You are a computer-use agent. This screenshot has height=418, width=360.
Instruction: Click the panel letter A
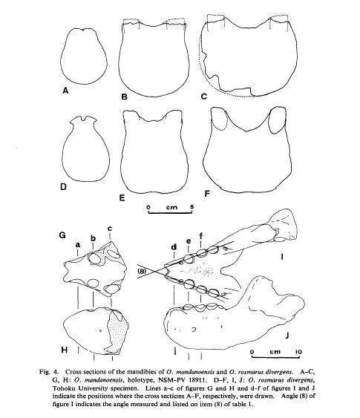click(x=65, y=91)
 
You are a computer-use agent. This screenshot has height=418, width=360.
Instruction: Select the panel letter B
click(x=124, y=97)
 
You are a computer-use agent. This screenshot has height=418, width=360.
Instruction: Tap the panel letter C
click(x=204, y=96)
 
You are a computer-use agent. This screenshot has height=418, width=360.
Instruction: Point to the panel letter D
click(x=63, y=186)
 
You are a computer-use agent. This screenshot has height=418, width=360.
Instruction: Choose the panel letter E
click(x=122, y=197)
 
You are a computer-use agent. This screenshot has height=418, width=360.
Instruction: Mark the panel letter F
click(x=207, y=194)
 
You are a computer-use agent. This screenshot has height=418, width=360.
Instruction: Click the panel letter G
click(x=62, y=235)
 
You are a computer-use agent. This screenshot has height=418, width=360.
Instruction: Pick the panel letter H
click(x=65, y=350)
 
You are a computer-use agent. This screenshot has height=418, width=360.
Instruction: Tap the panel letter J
click(x=287, y=335)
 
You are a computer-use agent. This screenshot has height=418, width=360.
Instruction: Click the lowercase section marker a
click(x=78, y=244)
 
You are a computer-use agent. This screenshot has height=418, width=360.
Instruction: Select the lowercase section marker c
click(x=110, y=229)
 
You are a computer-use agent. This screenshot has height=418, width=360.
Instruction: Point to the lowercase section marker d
click(x=174, y=246)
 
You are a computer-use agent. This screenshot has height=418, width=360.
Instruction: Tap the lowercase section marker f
click(x=200, y=235)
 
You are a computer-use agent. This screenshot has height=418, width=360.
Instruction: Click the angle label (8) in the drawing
click(x=142, y=271)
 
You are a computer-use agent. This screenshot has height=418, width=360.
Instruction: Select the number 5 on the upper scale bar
click(x=192, y=207)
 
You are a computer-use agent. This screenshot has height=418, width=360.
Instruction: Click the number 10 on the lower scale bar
click(x=298, y=352)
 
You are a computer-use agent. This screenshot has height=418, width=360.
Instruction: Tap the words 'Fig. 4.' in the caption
click(x=48, y=372)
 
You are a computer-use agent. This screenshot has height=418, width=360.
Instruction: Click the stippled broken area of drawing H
click(x=117, y=333)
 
